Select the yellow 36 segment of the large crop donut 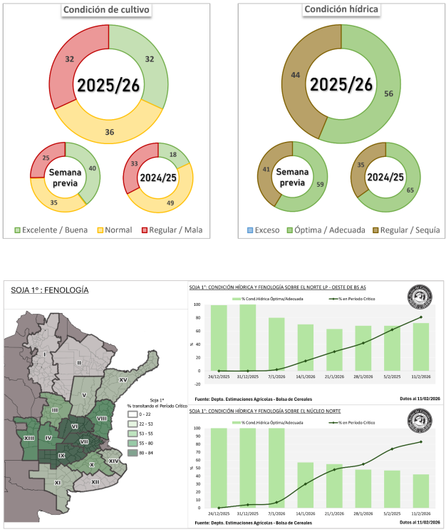pyautogui.click(x=109, y=132)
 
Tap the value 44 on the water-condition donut pyautogui.click(x=294, y=74)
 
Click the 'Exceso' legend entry pyautogui.click(x=264, y=231)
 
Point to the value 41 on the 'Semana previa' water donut pyautogui.click(x=266, y=170)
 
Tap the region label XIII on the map pyautogui.click(x=29, y=437)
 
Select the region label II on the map pyautogui.click(x=78, y=363)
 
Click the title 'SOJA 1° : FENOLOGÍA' pyautogui.click(x=50, y=290)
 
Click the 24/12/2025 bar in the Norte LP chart pyautogui.click(x=219, y=338)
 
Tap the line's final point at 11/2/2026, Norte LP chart pyautogui.click(x=420, y=317)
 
